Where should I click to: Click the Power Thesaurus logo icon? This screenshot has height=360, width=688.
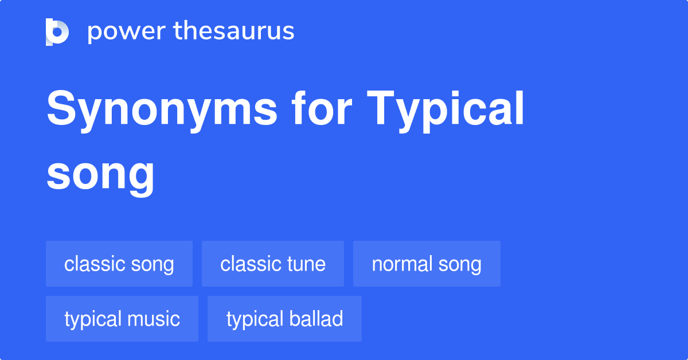click(57, 32)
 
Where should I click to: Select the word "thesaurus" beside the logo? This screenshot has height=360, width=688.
click(234, 32)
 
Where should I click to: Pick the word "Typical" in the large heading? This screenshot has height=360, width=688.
click(446, 109)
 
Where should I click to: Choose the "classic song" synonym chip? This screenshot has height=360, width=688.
click(119, 264)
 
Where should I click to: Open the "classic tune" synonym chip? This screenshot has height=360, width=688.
click(273, 264)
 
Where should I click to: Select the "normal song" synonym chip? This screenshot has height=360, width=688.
click(427, 264)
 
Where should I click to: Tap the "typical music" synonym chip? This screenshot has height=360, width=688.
click(122, 319)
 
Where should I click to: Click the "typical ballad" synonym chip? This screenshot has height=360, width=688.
click(284, 319)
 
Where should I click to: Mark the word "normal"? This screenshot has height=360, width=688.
click(402, 264)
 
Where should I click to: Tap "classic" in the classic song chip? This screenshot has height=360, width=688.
click(95, 264)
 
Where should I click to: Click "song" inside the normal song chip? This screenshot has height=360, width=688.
click(460, 264)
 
